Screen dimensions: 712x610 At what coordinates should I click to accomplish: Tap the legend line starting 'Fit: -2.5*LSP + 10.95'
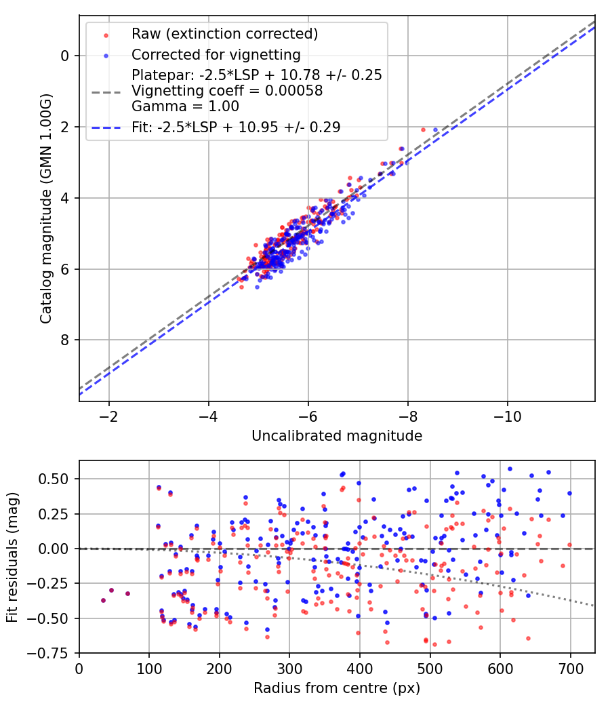pyautogui.click(x=236, y=126)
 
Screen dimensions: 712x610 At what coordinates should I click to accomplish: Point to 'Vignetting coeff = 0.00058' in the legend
pyautogui.click(x=227, y=90)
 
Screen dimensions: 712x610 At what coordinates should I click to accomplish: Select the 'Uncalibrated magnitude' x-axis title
pyautogui.click(x=337, y=436)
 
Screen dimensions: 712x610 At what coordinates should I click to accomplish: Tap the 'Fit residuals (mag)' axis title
pyautogui.click(x=12, y=556)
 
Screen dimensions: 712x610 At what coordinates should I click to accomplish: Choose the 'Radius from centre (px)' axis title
pyautogui.click(x=337, y=688)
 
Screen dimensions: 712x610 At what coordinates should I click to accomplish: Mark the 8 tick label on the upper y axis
pyautogui.click(x=64, y=340)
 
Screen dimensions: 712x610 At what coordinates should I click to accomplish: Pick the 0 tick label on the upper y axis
pyautogui.click(x=64, y=56)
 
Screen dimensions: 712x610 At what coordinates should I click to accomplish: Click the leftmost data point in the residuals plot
pyautogui.click(x=104, y=600)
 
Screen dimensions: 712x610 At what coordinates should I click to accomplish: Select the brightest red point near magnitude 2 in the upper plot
pyautogui.click(x=424, y=130)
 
